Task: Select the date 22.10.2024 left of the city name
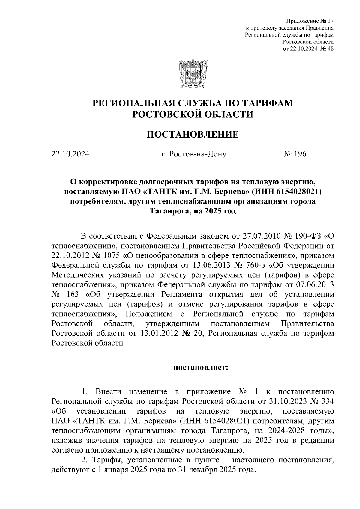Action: click(70, 154)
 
